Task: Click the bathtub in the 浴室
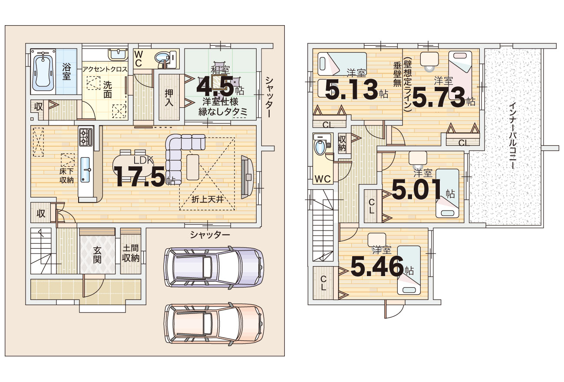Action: pos(43,72)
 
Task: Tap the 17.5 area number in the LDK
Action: pos(140,177)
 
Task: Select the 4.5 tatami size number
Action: pos(215,86)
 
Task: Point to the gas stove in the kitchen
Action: pos(86,137)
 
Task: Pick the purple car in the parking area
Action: pos(214,267)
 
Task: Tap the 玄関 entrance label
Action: pos(97,255)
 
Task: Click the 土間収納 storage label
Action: pos(130,254)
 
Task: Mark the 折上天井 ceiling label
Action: pos(207,199)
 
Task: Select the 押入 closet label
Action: pos(169,98)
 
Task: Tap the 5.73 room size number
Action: pos(439,97)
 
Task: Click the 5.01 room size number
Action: pos(417,189)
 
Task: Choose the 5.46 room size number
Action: pos(377,266)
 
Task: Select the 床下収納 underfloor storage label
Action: pos(66,176)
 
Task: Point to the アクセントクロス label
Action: pos(105,69)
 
